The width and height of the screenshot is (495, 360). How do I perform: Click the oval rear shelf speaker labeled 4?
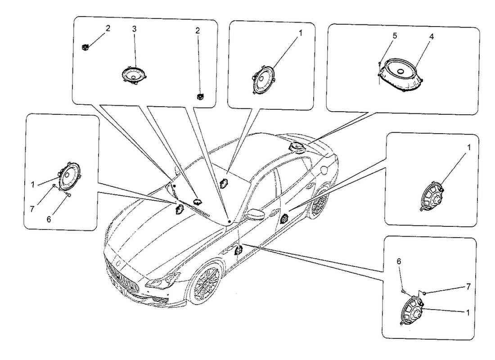pyautogui.click(x=400, y=74)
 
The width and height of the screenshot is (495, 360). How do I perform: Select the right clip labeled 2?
pyautogui.click(x=199, y=96)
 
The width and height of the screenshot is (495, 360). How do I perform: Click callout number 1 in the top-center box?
pyautogui.click(x=300, y=33)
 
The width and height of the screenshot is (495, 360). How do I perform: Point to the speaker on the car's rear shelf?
pyautogui.click(x=297, y=147)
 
